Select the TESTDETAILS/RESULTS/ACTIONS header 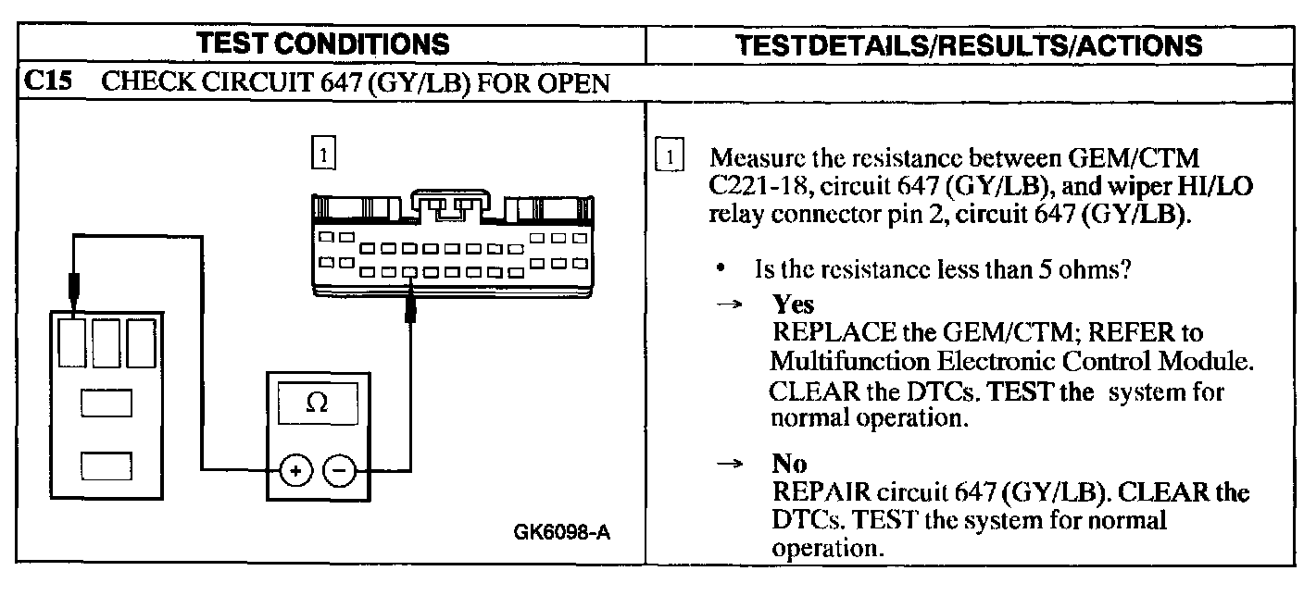[968, 43]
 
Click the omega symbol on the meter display [316, 405]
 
